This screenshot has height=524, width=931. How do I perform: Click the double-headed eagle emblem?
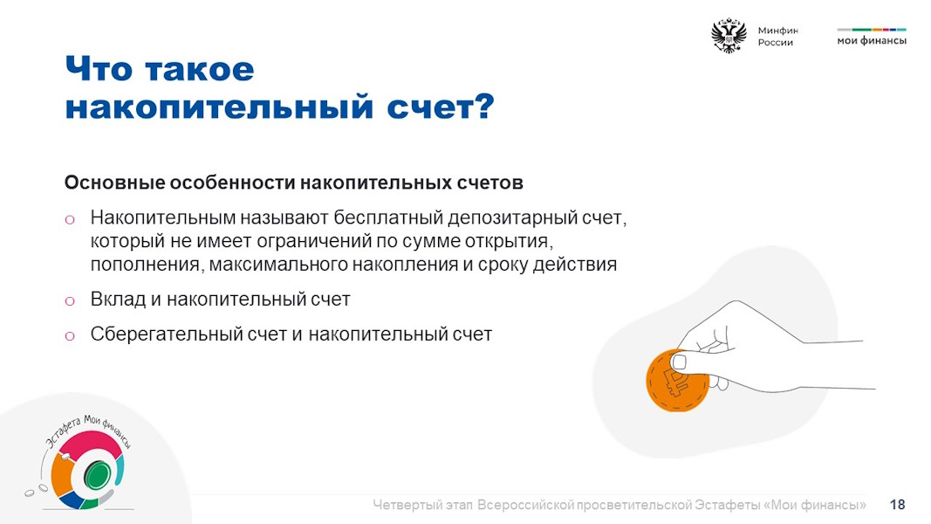click(729, 36)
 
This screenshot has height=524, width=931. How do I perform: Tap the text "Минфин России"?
click(777, 36)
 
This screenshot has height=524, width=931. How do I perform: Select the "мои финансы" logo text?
click(872, 41)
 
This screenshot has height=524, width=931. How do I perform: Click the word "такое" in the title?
click(200, 70)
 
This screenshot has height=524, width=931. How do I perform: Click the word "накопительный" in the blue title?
click(219, 107)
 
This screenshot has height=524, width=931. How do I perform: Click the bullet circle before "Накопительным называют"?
click(70, 220)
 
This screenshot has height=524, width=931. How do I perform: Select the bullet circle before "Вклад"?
click(70, 301)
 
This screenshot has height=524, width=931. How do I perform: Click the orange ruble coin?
click(677, 381)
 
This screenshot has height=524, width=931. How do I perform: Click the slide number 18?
click(897, 505)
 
